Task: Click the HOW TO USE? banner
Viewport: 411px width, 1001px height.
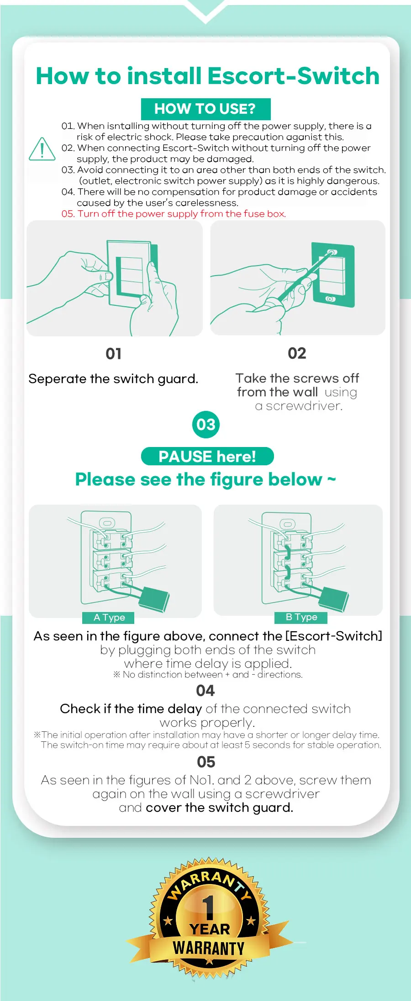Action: (x=205, y=109)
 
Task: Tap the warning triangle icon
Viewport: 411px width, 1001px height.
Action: (x=42, y=149)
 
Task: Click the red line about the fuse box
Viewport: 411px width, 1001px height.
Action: (x=174, y=214)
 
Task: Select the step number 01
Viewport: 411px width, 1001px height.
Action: (x=113, y=353)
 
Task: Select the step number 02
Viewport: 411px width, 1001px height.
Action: (x=297, y=353)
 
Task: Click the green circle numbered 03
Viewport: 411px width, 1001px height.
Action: (x=205, y=425)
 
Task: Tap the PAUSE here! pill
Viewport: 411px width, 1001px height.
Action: (x=207, y=456)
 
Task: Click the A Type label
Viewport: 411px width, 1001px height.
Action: (x=109, y=618)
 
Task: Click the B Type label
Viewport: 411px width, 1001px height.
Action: (x=301, y=617)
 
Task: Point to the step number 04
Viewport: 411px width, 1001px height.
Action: (x=205, y=691)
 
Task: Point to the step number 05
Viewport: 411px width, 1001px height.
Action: (x=206, y=762)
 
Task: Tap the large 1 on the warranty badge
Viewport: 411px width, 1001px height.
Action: (x=208, y=907)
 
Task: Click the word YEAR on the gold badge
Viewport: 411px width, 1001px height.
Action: (x=210, y=929)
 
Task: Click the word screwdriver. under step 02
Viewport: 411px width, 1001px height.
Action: (x=304, y=406)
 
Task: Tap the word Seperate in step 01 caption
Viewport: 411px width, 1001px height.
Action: (x=57, y=379)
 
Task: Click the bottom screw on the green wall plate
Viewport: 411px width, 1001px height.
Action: (x=330, y=299)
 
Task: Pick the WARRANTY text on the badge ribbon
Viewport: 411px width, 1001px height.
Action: (x=209, y=948)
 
